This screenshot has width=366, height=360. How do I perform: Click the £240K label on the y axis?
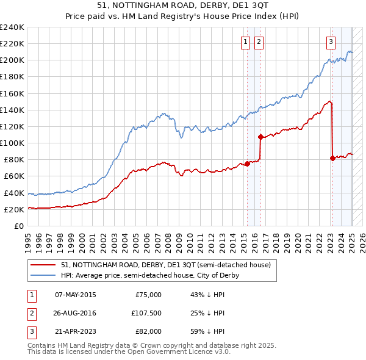(12, 27)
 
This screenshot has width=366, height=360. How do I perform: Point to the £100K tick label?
(12, 143)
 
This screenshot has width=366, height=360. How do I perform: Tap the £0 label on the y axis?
(20, 226)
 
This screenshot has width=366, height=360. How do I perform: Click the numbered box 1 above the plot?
(245, 42)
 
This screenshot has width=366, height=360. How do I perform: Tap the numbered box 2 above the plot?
(259, 42)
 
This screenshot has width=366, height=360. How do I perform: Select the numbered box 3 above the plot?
(331, 42)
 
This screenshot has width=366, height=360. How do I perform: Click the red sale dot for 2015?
(248, 164)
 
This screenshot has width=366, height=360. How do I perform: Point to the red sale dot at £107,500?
(261, 137)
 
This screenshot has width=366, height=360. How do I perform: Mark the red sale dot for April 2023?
(332, 158)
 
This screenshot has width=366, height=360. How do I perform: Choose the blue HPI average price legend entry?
(150, 275)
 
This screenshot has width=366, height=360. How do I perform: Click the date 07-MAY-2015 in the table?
(76, 295)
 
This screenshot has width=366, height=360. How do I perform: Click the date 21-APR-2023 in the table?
(76, 331)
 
